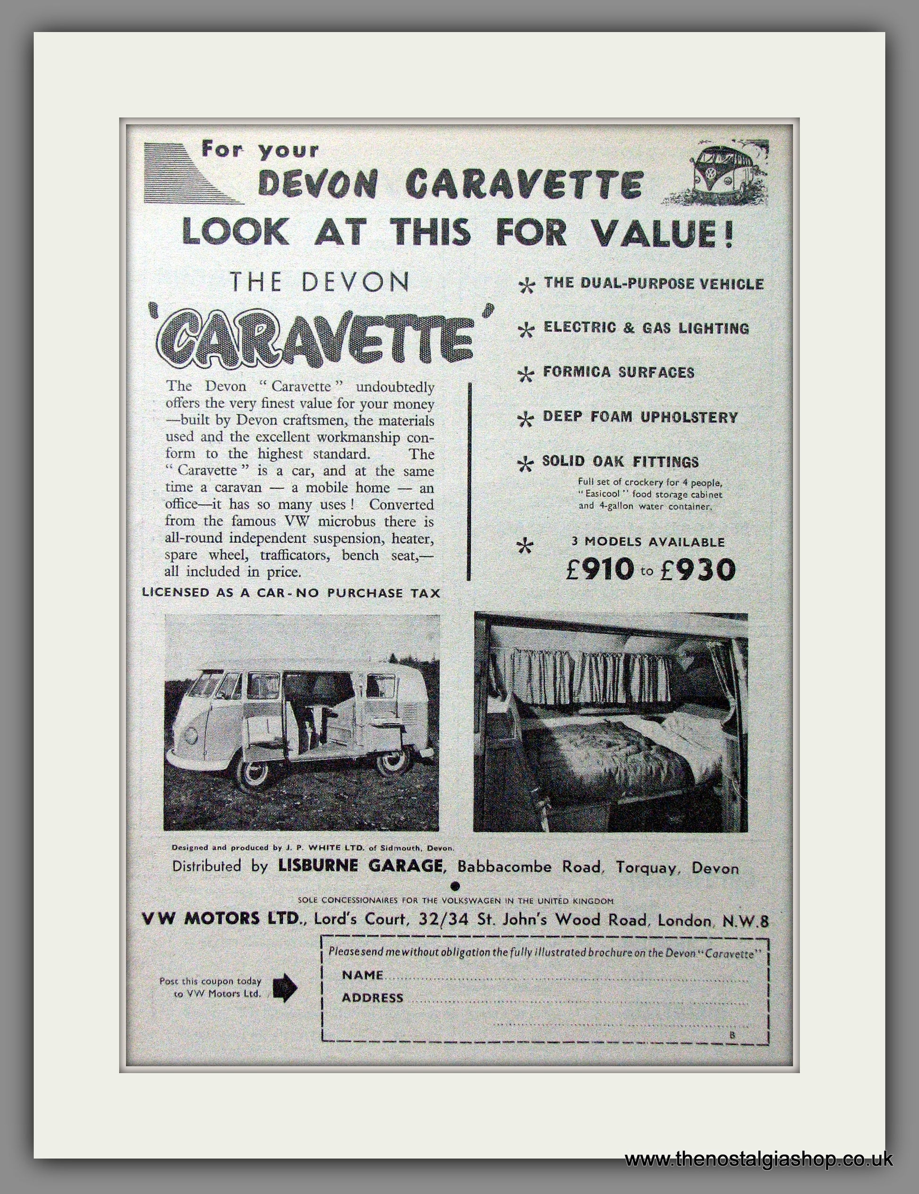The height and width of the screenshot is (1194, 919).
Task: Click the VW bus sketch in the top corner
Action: pos(716,172)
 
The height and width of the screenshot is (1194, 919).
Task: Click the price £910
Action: pos(600,570)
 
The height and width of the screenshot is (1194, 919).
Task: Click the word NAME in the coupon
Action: pos(362,975)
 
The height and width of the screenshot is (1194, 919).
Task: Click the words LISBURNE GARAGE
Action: pos(360,866)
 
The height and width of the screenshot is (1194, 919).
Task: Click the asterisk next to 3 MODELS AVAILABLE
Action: pos(526,546)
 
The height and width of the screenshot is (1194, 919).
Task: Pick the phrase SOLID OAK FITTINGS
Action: pos(620,462)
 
